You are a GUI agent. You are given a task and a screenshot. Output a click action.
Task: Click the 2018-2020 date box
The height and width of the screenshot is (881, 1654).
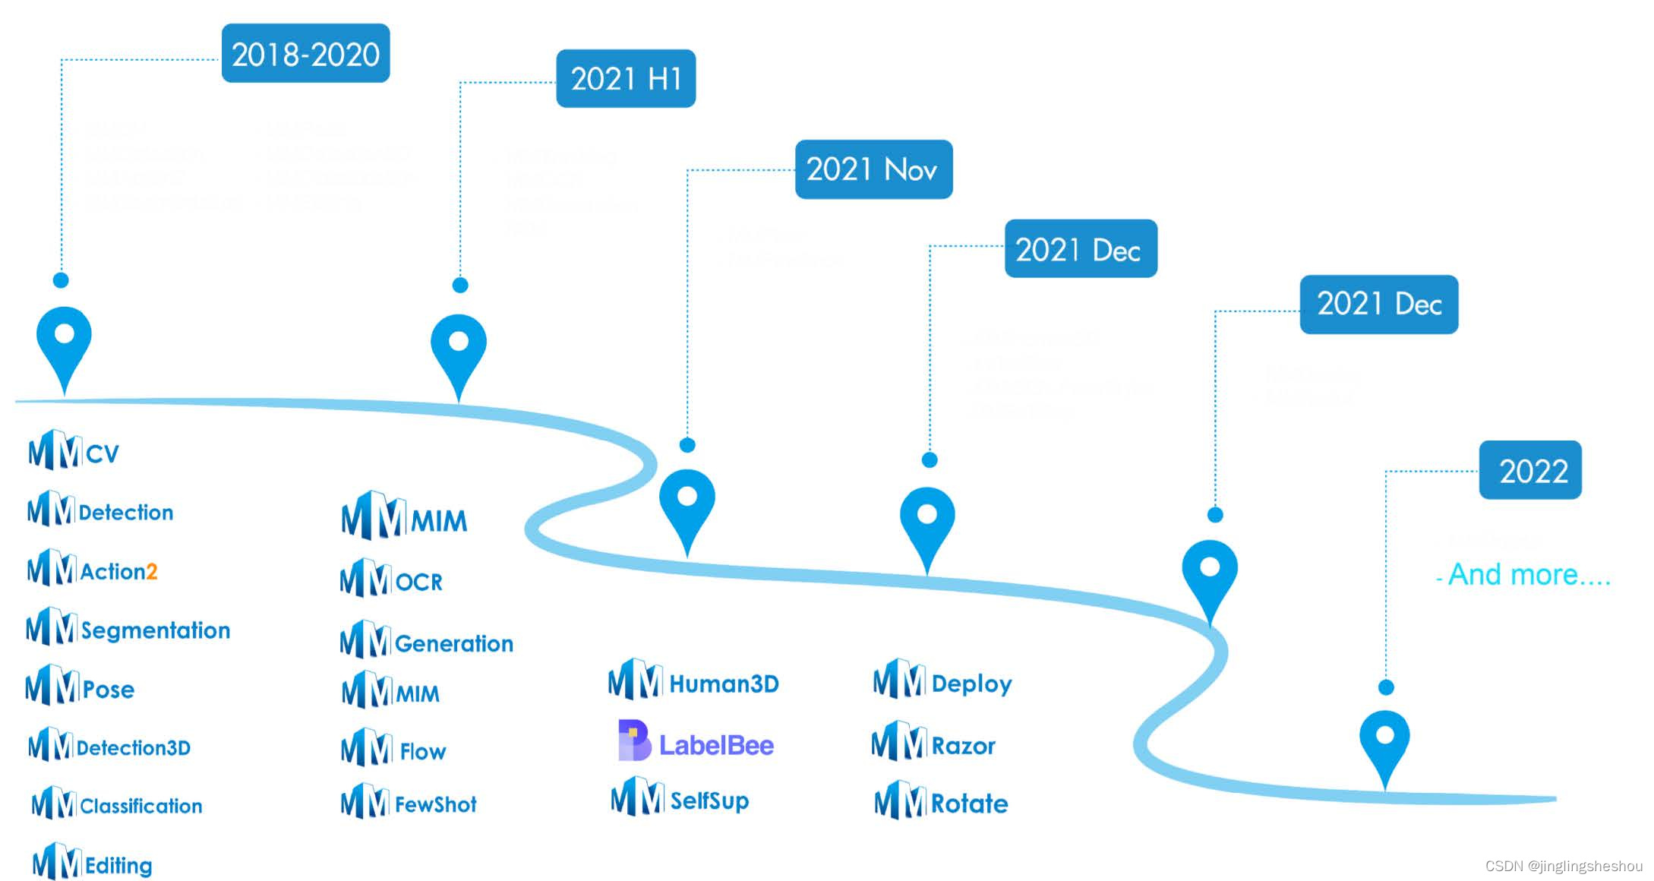[305, 53]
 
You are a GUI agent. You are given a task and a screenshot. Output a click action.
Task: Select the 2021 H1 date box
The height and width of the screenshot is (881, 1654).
[626, 78]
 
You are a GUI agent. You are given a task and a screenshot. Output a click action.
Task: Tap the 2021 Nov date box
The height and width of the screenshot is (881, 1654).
[873, 169]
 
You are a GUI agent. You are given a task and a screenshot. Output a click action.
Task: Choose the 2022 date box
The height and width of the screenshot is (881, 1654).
[1530, 470]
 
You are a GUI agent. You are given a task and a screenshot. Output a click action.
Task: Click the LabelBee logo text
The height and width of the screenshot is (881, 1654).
[715, 745]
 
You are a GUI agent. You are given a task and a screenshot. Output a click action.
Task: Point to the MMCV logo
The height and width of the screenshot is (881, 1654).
[74, 451]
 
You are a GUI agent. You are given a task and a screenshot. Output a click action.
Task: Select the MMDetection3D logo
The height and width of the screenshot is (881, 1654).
[109, 746]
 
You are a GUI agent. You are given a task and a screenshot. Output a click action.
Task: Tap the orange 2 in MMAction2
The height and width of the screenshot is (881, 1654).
[152, 571]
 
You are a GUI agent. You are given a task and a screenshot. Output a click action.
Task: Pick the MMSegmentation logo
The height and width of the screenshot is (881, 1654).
[128, 628]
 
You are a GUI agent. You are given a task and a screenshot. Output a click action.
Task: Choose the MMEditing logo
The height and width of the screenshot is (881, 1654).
[92, 863]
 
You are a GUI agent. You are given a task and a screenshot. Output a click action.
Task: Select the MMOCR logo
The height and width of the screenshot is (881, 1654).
[391, 579]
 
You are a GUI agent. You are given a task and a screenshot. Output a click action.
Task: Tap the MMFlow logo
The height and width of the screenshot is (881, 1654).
[393, 749]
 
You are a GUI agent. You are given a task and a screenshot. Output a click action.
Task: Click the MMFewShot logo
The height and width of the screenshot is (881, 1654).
[409, 802]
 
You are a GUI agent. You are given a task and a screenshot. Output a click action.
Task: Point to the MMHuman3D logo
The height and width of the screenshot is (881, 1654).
[693, 681]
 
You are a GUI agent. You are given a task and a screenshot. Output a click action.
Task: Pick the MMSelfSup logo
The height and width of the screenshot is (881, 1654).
[680, 797]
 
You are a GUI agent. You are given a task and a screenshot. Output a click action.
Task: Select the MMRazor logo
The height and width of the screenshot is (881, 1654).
[933, 744]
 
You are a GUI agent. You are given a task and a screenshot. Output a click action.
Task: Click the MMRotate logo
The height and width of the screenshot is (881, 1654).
[941, 801]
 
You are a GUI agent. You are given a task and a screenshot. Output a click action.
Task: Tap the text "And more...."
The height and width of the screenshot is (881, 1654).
[1528, 574]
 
